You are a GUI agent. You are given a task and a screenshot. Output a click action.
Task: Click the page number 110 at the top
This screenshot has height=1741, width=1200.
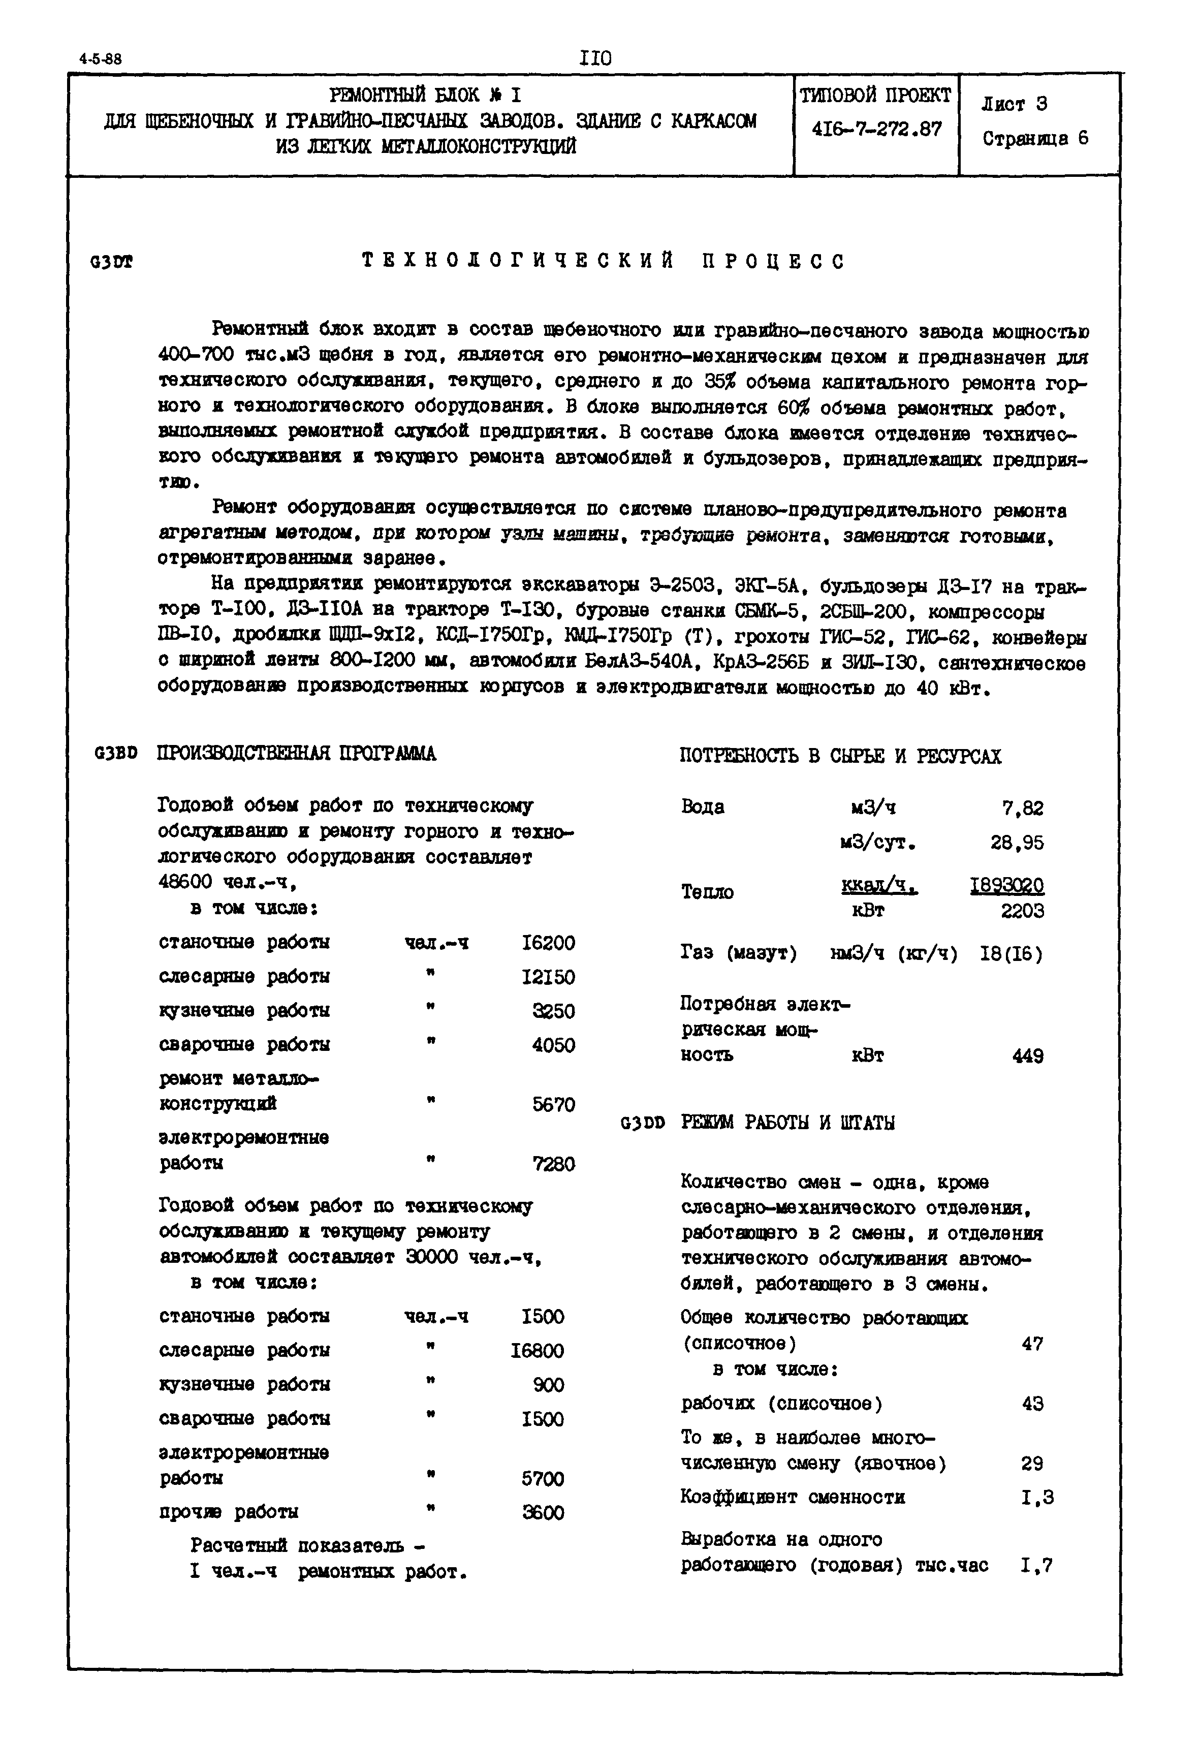pos(595,58)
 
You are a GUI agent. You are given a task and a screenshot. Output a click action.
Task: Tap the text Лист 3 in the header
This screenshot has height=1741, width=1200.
pos(1014,105)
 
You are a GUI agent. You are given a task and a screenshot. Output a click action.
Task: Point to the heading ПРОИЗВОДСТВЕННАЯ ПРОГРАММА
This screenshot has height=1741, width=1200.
pos(296,754)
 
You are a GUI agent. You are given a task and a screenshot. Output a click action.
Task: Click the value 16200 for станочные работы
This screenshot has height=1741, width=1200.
pos(548,943)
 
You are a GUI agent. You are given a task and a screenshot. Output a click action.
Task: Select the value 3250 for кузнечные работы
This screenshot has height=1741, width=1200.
pos(553,1011)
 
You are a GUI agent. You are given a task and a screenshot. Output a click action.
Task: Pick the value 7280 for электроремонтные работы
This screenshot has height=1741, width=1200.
pos(553,1164)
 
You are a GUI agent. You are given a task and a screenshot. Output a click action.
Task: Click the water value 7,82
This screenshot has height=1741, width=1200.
pos(1023,809)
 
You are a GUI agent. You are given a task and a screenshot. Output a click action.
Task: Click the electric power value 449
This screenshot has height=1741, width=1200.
pos(1028,1056)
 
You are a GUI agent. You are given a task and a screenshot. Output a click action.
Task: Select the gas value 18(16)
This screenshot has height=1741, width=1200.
pos(1012,954)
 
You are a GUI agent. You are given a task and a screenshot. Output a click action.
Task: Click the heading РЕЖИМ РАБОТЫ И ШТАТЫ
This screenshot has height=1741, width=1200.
pos(788,1123)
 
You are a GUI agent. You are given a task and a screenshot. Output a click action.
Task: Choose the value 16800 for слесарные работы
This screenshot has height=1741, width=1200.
pos(537,1351)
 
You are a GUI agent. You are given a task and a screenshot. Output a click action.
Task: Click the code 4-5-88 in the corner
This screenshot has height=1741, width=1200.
pos(100,60)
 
